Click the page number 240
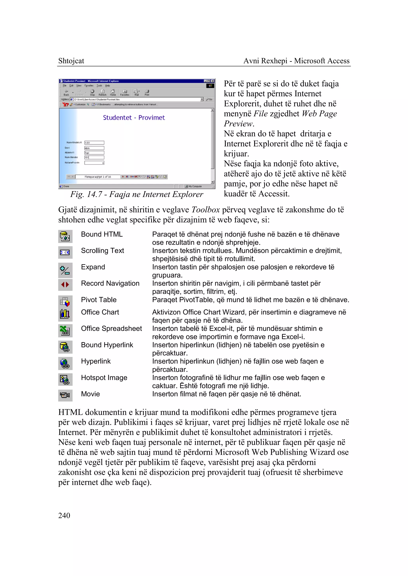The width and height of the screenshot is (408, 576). click(64, 515)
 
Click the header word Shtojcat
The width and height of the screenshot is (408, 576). click(71, 61)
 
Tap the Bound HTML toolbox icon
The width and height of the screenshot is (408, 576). click(65, 236)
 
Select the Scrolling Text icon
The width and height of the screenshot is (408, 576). click(65, 252)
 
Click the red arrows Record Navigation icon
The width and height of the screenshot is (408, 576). click(65, 285)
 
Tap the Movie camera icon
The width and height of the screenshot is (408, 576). click(65, 395)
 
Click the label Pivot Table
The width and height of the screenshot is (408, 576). click(99, 300)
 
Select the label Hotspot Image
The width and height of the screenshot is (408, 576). click(104, 378)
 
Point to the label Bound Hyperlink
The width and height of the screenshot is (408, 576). click(107, 345)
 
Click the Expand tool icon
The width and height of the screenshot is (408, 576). click(65, 270)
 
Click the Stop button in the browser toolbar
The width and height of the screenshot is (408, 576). click(92, 92)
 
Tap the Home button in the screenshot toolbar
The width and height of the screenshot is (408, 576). click(113, 92)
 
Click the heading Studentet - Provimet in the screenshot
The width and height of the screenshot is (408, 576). click(134, 118)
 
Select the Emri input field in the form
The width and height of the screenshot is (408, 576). click(94, 148)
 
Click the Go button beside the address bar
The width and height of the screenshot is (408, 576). click(209, 99)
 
